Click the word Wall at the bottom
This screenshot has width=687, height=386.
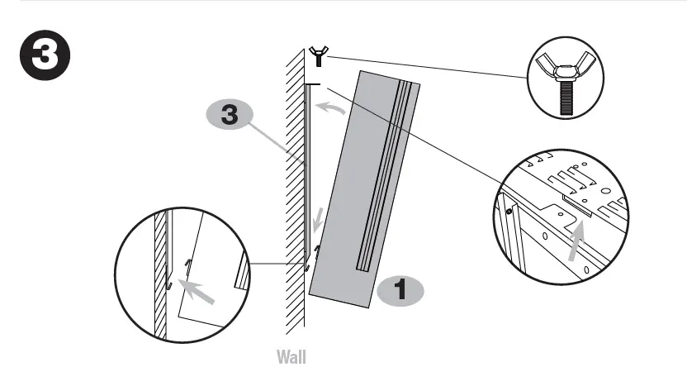pyautogui.click(x=291, y=358)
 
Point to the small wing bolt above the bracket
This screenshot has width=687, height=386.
pyautogui.click(x=316, y=57)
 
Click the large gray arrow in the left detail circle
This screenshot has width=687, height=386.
pyautogui.click(x=199, y=292)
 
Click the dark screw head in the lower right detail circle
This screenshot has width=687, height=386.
pyautogui.click(x=509, y=212)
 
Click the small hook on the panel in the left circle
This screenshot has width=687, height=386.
pyautogui.click(x=188, y=264)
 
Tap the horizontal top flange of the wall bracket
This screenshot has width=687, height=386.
pyautogui.click(x=312, y=84)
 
